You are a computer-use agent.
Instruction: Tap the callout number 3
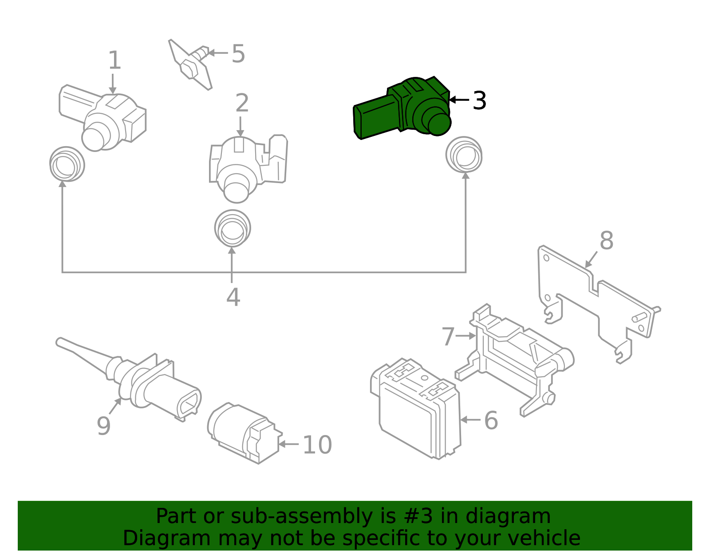(x=479, y=101)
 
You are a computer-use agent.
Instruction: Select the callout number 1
(x=114, y=60)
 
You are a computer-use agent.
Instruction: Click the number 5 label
(x=238, y=54)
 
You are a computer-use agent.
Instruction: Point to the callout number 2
(x=242, y=103)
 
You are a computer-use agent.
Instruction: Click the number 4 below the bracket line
(x=233, y=297)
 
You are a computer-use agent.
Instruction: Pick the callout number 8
(x=606, y=241)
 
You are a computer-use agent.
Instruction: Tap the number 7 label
(x=448, y=336)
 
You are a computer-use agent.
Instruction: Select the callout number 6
(x=491, y=420)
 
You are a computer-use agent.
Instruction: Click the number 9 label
(x=103, y=426)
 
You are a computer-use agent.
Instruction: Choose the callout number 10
(x=317, y=445)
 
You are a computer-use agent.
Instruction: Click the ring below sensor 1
(x=67, y=164)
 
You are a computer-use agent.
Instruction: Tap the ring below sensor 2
(x=233, y=228)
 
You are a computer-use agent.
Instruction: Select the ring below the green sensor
(x=464, y=155)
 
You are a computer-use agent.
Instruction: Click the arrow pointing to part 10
(x=288, y=443)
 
